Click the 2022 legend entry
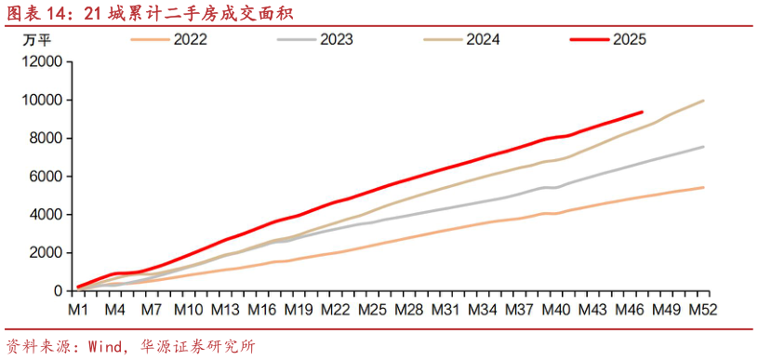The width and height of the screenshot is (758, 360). pos(190,40)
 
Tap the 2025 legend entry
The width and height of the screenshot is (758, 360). pos(629,40)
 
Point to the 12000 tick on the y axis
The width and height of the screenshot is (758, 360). pos(41,61)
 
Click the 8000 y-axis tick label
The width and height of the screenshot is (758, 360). pos(45,138)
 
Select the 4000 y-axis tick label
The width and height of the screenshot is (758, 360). pos(45,214)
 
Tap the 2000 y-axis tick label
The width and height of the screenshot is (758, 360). pos(45,253)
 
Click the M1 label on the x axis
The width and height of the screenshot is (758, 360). pos(78,308)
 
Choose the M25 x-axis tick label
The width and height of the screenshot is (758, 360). pos(372,308)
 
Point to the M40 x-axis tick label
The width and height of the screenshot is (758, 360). pos(555,308)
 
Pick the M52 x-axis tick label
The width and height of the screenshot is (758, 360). pos(702,308)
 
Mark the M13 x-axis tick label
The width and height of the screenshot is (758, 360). pos(225,308)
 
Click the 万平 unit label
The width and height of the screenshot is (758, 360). pos(36,40)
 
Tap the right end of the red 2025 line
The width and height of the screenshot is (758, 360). pos(642,113)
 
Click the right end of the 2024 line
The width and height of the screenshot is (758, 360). pos(703,100)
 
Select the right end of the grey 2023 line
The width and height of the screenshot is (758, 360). pos(703,147)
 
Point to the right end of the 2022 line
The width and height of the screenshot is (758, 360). pos(703,187)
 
